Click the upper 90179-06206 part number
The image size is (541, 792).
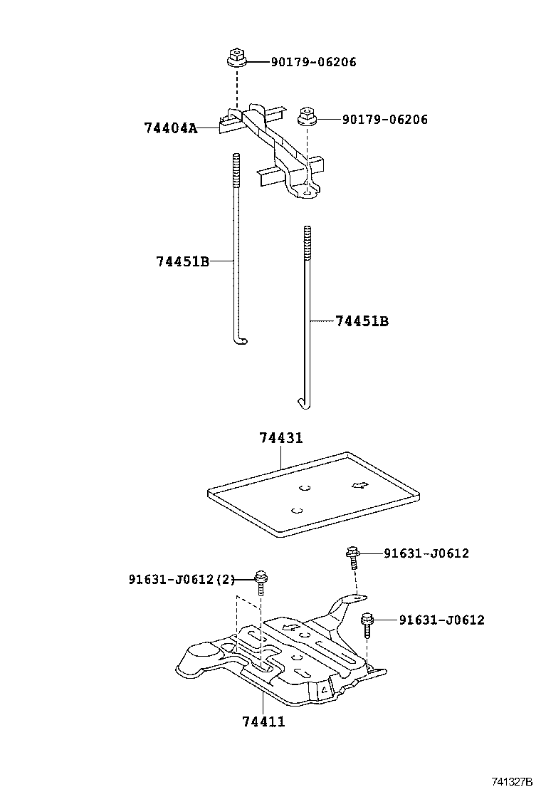click(x=313, y=62)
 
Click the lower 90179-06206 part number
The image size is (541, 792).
click(x=385, y=120)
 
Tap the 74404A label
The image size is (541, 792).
click(x=170, y=128)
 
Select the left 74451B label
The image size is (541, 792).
click(x=182, y=261)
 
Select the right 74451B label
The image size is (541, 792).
click(x=362, y=321)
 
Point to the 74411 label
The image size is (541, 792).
click(x=263, y=721)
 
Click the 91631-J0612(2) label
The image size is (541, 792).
click(x=182, y=579)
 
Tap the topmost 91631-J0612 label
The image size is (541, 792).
click(x=426, y=553)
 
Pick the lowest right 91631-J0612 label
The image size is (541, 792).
click(x=441, y=620)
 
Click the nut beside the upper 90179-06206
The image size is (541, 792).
click(x=236, y=57)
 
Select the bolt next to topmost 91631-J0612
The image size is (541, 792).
click(x=352, y=558)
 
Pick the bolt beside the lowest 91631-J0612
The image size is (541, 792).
click(x=367, y=625)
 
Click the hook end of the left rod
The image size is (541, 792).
click(x=241, y=342)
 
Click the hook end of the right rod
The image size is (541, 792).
click(x=304, y=405)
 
